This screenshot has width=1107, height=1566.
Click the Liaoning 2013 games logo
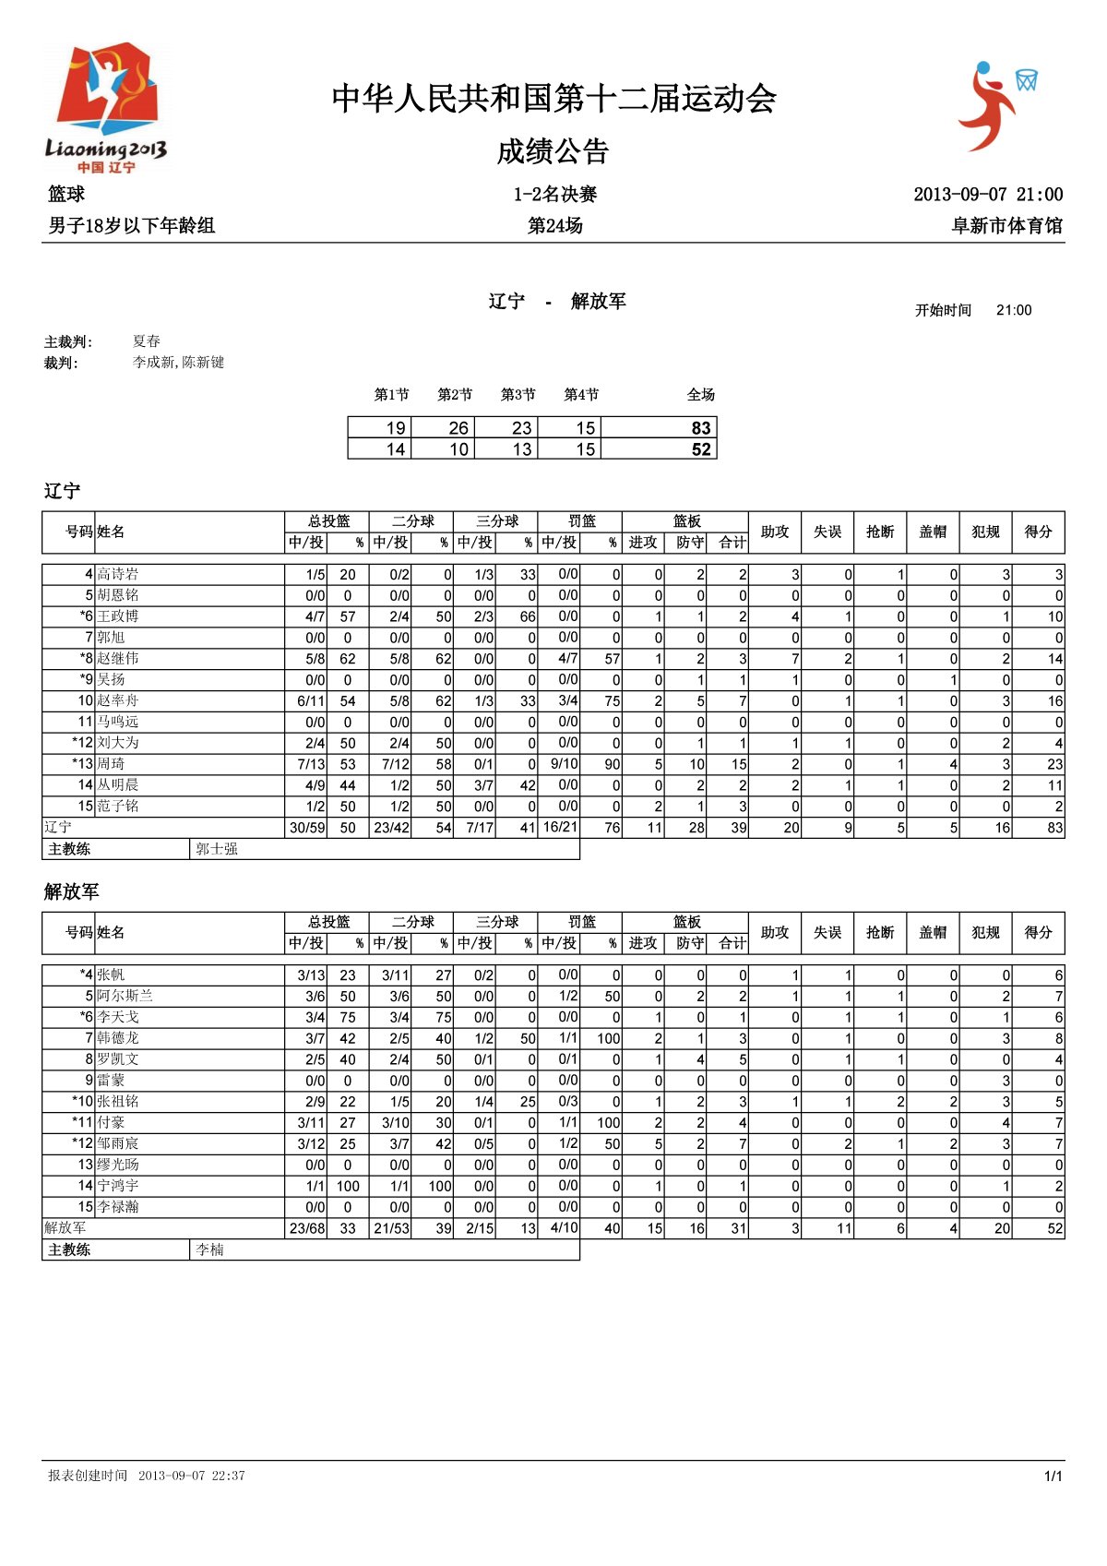[x=106, y=106]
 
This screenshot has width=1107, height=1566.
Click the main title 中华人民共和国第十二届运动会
[x=553, y=98]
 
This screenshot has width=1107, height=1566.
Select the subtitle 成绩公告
[x=553, y=151]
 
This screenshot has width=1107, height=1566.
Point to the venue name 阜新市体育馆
[x=1006, y=225]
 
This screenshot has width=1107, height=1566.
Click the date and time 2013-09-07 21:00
[x=987, y=194]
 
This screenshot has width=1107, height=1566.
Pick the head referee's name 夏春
[x=147, y=341]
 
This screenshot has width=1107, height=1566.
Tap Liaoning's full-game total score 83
[x=701, y=427]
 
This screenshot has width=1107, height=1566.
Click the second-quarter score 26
[x=458, y=427]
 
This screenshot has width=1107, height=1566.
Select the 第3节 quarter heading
[x=518, y=395]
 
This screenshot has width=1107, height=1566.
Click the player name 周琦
[x=111, y=763]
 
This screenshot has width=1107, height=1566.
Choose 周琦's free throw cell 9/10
[x=564, y=763]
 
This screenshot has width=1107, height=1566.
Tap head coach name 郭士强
[x=217, y=849]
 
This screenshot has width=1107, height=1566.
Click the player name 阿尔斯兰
[x=125, y=995]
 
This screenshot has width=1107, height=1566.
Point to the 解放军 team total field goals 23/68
[x=307, y=1228]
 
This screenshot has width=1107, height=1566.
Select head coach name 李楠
[x=210, y=1249]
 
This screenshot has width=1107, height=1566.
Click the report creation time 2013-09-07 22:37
[x=192, y=1476]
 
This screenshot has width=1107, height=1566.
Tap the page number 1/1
[x=1053, y=1476]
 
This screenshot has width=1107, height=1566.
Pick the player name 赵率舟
[x=118, y=700]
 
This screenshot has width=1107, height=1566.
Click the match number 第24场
[x=554, y=225]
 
